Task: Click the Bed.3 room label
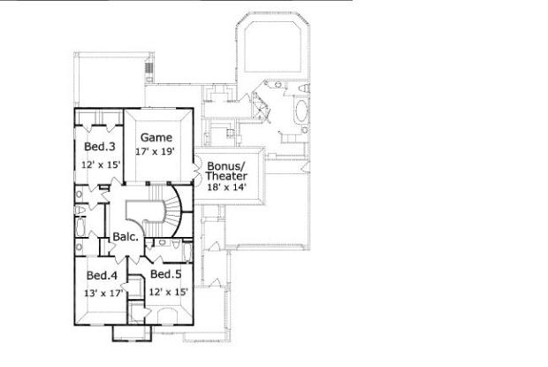click(99, 146)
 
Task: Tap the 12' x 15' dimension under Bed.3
click(101, 165)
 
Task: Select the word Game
click(156, 137)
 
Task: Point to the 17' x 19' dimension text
click(156, 152)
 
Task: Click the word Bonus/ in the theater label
click(225, 165)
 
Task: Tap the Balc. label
click(125, 238)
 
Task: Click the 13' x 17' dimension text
click(103, 293)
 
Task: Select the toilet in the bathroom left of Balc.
click(81, 209)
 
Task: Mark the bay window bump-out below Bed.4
click(124, 333)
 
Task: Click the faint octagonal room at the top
click(272, 49)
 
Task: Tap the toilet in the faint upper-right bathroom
click(299, 88)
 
